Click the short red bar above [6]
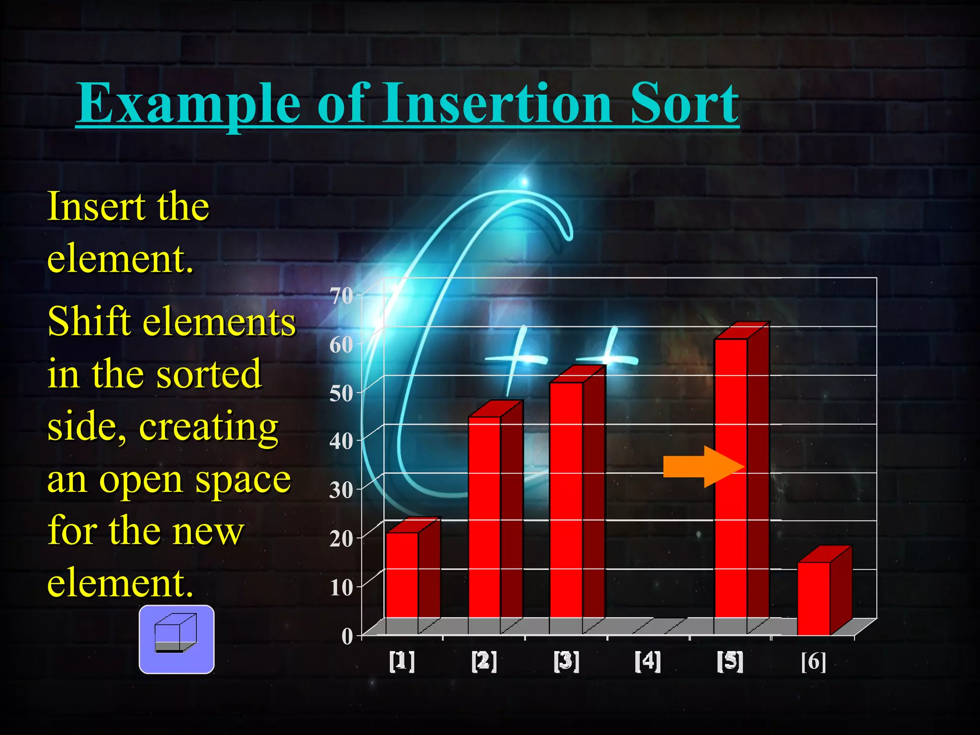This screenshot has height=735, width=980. tap(813, 598)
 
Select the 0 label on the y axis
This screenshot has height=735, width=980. tap(347, 636)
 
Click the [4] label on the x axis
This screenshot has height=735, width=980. tap(648, 661)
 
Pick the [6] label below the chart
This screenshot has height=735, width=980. tap(813, 661)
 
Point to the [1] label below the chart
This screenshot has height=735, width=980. tap(402, 661)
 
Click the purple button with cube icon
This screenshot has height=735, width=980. tap(177, 639)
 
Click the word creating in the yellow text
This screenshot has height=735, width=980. tap(209, 427)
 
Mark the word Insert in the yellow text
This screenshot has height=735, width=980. tap(96, 206)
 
